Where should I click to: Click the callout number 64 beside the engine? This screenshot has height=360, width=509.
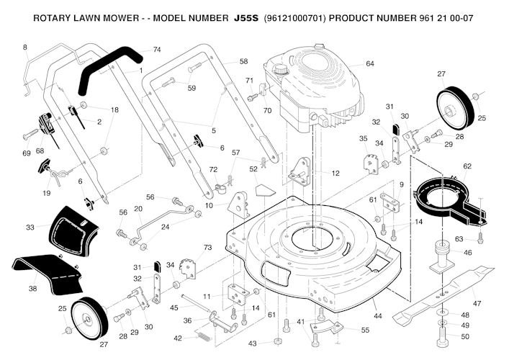tap(370, 64)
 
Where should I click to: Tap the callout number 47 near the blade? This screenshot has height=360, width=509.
tap(476, 303)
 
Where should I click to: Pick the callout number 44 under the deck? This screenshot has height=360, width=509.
tap(378, 316)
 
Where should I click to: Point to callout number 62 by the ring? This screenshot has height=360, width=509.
tap(467, 166)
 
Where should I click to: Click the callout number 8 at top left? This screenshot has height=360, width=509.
tap(24, 48)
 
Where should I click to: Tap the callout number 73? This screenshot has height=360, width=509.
tap(208, 248)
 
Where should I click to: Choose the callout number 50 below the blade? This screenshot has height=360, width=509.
tap(465, 336)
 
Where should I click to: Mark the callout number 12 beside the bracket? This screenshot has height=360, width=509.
tap(335, 173)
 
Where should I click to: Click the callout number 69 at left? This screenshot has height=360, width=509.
tap(27, 153)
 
